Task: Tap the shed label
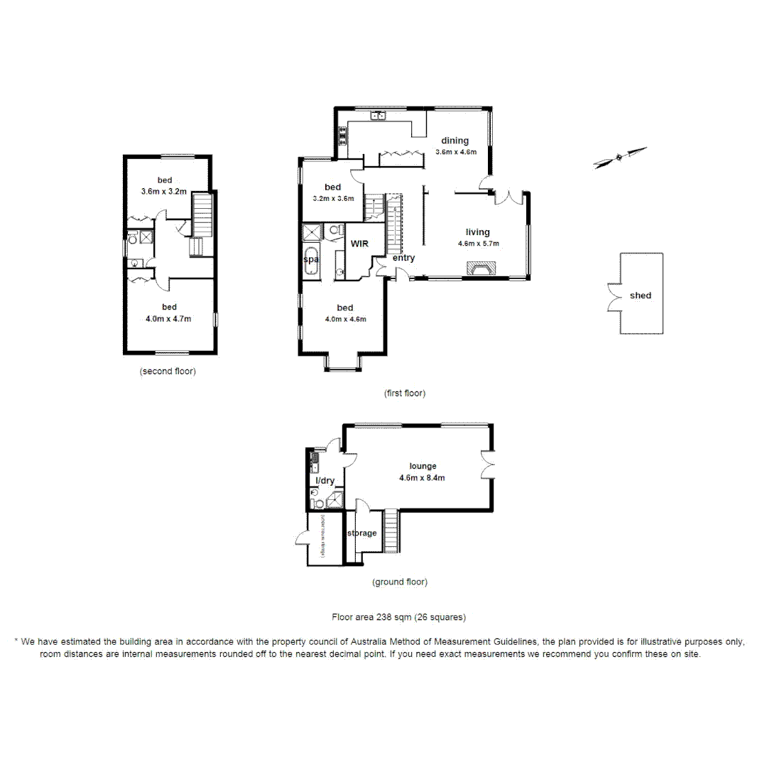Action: click(x=640, y=295)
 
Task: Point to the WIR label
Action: click(x=359, y=243)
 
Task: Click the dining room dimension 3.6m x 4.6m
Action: click(x=455, y=152)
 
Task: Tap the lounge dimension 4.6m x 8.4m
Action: click(x=422, y=478)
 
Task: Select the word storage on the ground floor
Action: click(x=362, y=533)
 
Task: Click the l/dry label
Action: click(x=325, y=481)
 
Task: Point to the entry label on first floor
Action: click(x=403, y=258)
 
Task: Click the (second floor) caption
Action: click(x=168, y=371)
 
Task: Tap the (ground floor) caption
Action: click(x=400, y=582)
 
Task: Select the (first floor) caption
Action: click(x=404, y=393)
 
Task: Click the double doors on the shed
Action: click(x=611, y=296)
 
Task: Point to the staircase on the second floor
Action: click(x=203, y=216)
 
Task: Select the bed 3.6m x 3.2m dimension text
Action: click(x=163, y=191)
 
